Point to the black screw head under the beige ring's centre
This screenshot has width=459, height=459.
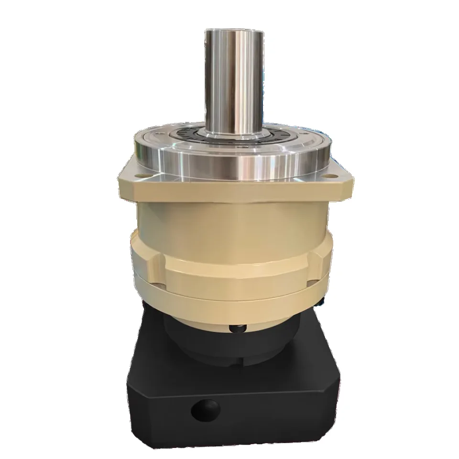238,329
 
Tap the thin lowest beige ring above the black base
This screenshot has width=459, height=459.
229,306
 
